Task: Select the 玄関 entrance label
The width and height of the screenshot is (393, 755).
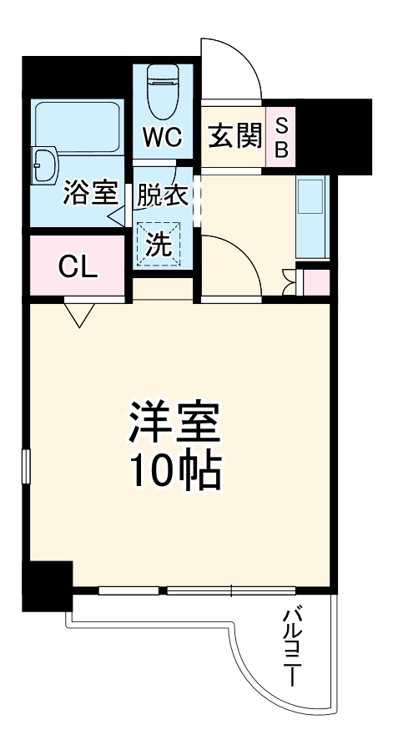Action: click(x=234, y=135)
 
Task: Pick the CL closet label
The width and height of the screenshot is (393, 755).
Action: click(x=78, y=267)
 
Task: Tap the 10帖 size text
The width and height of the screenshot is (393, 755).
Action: click(x=174, y=472)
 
